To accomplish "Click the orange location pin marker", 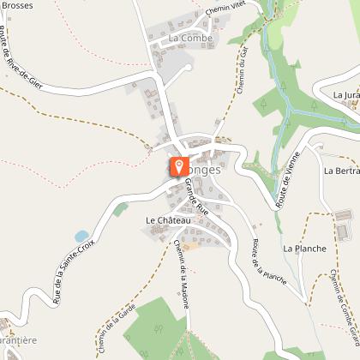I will coord(178,166).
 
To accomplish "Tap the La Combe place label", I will coord(189,39).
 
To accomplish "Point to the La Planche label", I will coord(304,249).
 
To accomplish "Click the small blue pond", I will coord(81,236).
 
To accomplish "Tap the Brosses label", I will coord(17,5).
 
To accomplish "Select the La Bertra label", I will coord(341,171).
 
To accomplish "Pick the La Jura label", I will coord(346,94).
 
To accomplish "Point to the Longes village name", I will coord(202,170).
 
